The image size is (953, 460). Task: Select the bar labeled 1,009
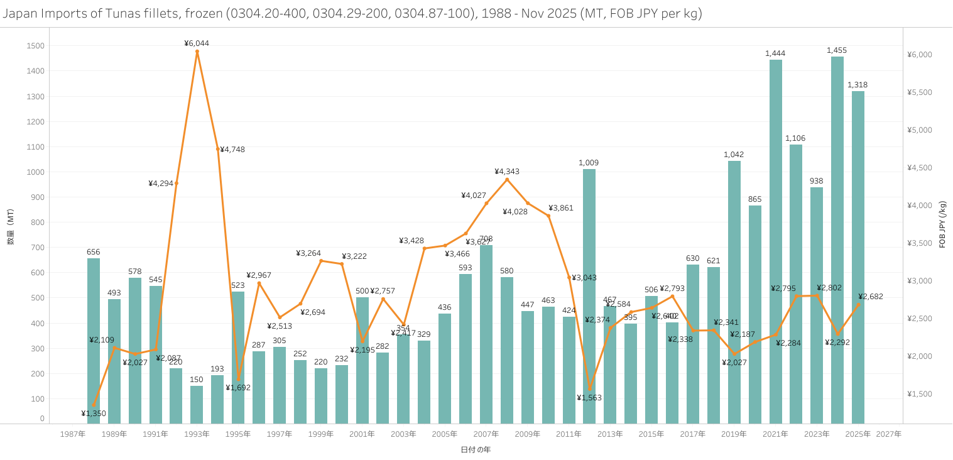(589, 296)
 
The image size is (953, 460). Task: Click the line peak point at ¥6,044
(197, 52)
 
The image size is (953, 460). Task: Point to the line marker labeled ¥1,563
(589, 388)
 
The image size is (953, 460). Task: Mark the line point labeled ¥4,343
(507, 180)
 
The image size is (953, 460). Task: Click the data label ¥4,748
(232, 150)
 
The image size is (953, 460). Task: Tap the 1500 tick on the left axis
(36, 46)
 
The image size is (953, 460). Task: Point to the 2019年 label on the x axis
(734, 434)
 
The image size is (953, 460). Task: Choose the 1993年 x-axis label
(197, 434)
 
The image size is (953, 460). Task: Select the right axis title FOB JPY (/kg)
(942, 224)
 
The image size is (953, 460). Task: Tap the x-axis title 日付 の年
(476, 450)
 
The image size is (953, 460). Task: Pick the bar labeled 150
(197, 405)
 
